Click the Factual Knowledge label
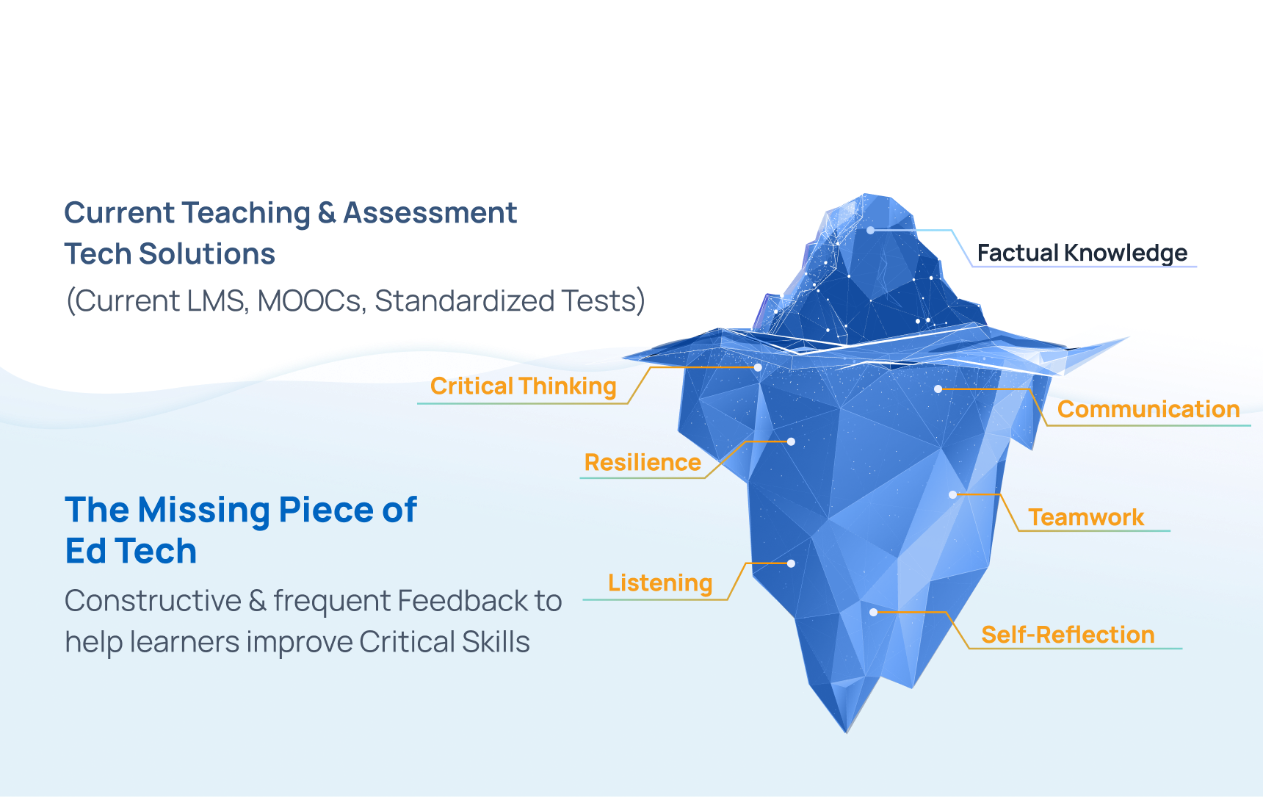click(1082, 253)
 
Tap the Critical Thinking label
click(524, 386)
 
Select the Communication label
click(1148, 409)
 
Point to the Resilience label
click(643, 463)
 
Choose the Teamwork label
click(1086, 517)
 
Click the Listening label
click(660, 583)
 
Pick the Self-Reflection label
click(1068, 635)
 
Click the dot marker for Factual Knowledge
click(870, 230)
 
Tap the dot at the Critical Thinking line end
click(758, 367)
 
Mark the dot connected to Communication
click(938, 389)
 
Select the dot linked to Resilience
click(791, 441)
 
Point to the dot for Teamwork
click(952, 494)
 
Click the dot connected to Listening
click(791, 563)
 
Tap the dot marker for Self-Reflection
click(873, 612)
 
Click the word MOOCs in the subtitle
click(311, 301)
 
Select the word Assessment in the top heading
click(430, 213)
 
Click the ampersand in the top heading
click(327, 213)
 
